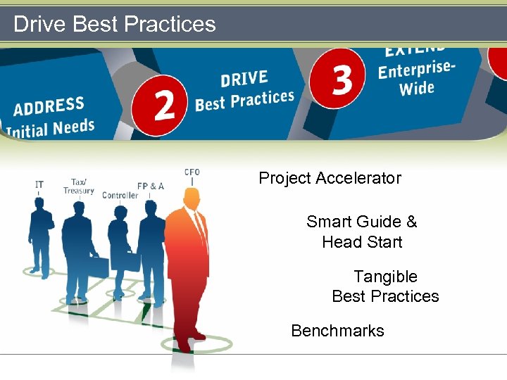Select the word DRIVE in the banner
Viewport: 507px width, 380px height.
point(244,78)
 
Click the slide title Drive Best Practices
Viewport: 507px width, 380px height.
point(115,24)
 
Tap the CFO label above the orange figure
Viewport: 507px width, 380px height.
point(192,172)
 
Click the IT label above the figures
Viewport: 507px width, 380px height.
point(39,184)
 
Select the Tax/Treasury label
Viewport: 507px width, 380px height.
point(79,186)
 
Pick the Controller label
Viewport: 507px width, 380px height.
point(120,195)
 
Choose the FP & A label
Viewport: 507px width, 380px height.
point(151,186)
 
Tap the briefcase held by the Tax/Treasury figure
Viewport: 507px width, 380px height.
point(99,266)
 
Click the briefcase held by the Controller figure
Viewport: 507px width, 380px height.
point(130,261)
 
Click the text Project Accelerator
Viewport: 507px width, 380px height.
point(330,178)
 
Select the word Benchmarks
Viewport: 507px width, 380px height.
point(337,331)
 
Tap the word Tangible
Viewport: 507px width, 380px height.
point(385,277)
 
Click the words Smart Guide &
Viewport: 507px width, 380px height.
point(361,222)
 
